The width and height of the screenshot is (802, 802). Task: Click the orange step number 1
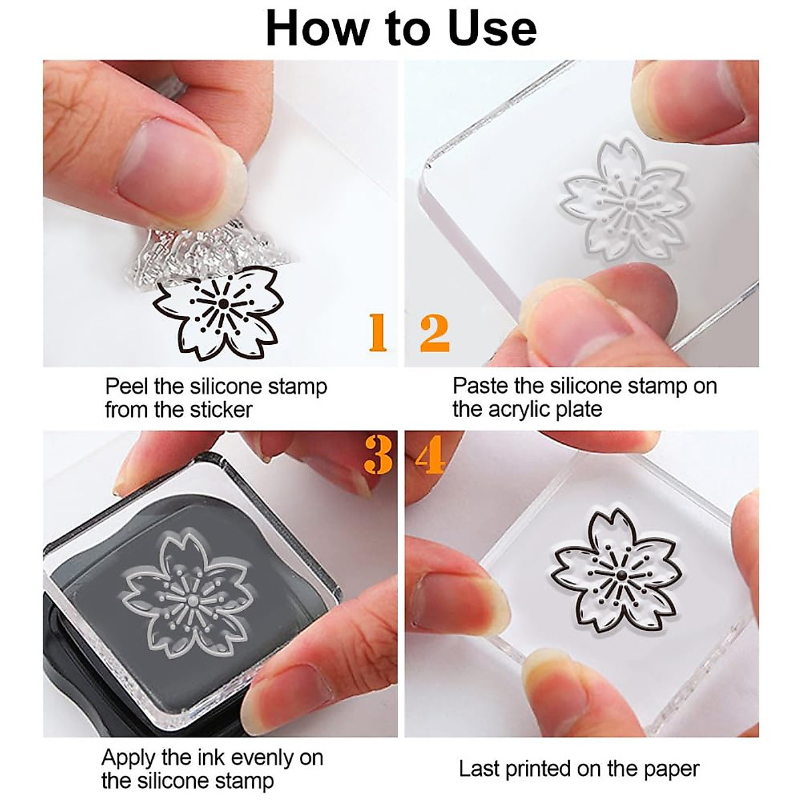378,333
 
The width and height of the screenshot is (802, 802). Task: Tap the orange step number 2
434,333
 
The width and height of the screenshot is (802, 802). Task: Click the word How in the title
311,28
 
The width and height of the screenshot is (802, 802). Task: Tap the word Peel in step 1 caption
126,386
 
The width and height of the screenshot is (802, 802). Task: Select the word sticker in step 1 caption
220,409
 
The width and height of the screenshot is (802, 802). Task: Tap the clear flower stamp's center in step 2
629,200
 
